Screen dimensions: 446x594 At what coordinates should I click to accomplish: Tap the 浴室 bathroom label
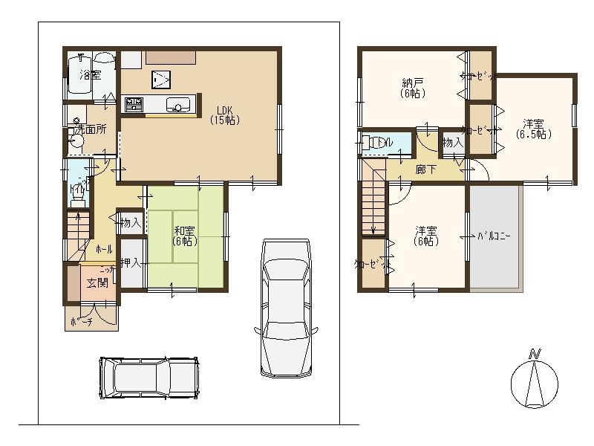coord(90,75)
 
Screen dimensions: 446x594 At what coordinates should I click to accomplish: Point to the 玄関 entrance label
coord(97,282)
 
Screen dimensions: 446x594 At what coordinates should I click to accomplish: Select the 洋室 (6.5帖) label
coord(533,129)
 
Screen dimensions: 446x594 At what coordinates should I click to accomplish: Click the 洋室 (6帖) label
coord(425,236)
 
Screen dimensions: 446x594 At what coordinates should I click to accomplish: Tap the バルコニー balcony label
coord(493,236)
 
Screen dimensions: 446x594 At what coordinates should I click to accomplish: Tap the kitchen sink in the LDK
coord(179,106)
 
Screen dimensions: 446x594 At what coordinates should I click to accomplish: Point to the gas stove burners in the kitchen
coord(134,105)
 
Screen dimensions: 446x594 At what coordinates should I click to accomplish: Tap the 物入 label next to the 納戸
coord(452,142)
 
